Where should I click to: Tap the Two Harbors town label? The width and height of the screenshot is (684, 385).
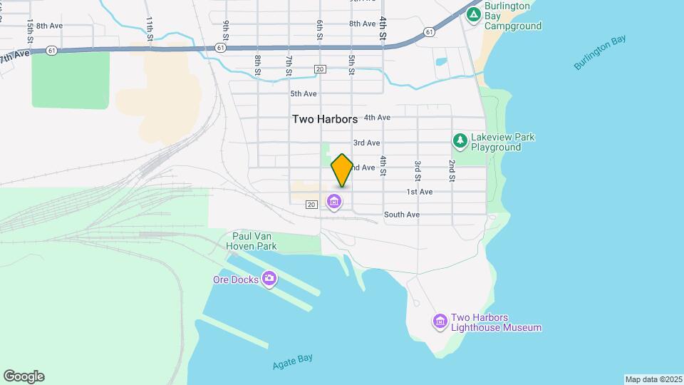tap(325, 120)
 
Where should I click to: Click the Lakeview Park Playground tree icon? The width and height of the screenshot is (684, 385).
tap(460, 141)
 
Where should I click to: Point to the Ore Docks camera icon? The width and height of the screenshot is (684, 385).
tap(269, 279)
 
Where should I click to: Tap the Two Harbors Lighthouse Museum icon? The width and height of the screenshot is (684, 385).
tap(440, 322)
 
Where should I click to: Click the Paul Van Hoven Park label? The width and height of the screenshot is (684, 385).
tap(254, 241)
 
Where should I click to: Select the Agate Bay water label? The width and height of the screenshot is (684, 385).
tap(292, 361)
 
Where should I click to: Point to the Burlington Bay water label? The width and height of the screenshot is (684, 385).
tap(600, 52)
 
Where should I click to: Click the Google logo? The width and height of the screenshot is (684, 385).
tap(24, 376)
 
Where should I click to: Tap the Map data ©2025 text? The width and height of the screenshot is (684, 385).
tap(652, 379)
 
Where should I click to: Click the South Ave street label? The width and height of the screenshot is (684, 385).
tap(402, 215)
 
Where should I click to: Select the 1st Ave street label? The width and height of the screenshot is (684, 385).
tap(420, 192)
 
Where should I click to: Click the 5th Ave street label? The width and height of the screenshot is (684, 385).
tap(303, 93)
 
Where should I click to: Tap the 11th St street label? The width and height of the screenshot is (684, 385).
tap(150, 28)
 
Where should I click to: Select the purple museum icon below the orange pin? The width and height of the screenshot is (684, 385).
tap(333, 203)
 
